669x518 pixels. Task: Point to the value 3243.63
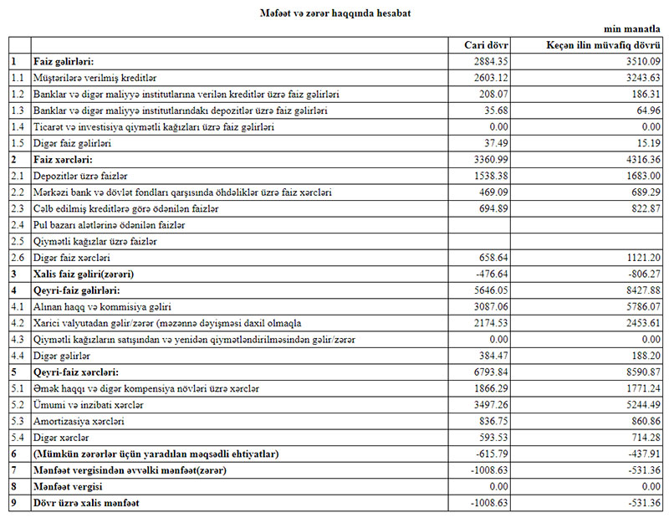(641, 77)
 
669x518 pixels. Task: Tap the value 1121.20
(641, 258)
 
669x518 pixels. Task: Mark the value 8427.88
(641, 290)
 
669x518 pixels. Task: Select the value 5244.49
(641, 405)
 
